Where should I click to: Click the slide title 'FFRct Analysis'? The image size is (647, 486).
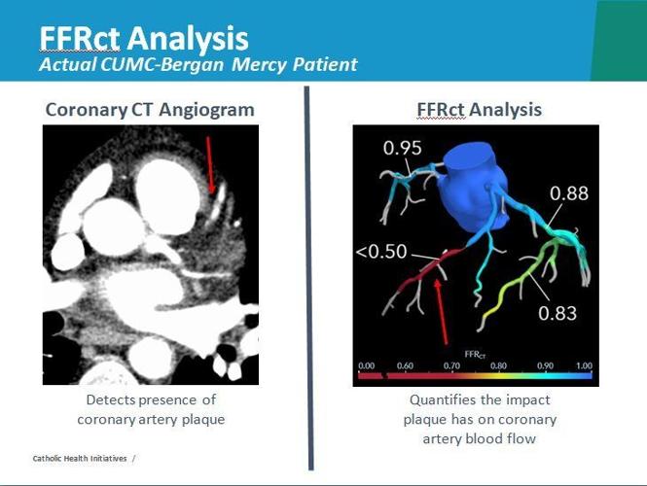click(x=143, y=38)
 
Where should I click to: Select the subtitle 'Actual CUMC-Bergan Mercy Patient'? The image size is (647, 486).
click(x=198, y=65)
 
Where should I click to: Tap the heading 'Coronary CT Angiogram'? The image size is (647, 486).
click(x=150, y=110)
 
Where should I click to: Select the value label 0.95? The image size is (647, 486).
click(x=402, y=149)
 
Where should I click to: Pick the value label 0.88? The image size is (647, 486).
click(x=568, y=194)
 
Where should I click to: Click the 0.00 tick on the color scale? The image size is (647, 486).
click(x=366, y=365)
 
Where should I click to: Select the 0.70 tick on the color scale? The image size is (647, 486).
click(x=451, y=365)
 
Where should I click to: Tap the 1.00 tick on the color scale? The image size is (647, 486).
click(x=584, y=365)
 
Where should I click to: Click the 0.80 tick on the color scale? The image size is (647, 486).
click(x=497, y=365)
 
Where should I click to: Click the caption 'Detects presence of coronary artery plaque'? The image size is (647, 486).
click(x=150, y=410)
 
